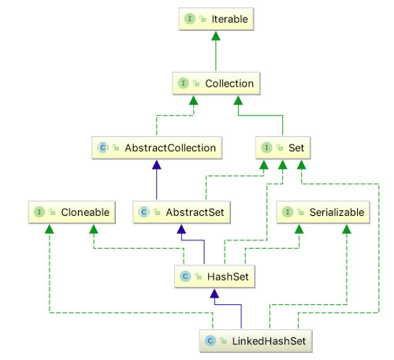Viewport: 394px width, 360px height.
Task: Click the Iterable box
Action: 216,19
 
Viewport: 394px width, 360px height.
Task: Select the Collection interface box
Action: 216,84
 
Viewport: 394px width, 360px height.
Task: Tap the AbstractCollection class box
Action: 157,147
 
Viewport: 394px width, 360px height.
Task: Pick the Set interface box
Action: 283,147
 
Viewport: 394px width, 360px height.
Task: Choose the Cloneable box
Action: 72,212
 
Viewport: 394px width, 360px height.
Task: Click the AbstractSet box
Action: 181,212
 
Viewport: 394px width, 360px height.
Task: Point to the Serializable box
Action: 323,212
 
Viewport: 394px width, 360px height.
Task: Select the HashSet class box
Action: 214,276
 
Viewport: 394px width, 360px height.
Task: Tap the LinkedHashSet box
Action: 256,341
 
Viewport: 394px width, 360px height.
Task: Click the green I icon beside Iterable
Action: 190,19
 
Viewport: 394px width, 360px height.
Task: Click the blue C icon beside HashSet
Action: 185,276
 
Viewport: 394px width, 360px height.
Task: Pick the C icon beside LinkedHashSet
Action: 210,341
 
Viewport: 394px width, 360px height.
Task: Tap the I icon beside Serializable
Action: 288,212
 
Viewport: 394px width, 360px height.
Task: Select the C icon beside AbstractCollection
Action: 102,147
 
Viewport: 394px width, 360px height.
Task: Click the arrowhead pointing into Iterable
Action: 216,36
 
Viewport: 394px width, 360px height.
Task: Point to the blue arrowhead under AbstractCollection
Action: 157,165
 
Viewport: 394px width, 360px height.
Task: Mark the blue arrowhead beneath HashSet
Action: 214,294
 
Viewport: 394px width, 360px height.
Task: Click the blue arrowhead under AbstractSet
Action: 181,229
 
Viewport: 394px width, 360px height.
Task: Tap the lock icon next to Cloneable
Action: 52,212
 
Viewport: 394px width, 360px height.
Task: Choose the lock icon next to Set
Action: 280,147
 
